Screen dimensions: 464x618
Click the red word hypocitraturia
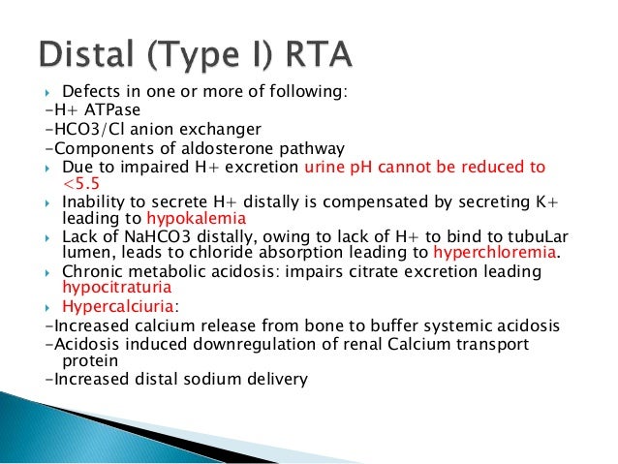tap(117, 288)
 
